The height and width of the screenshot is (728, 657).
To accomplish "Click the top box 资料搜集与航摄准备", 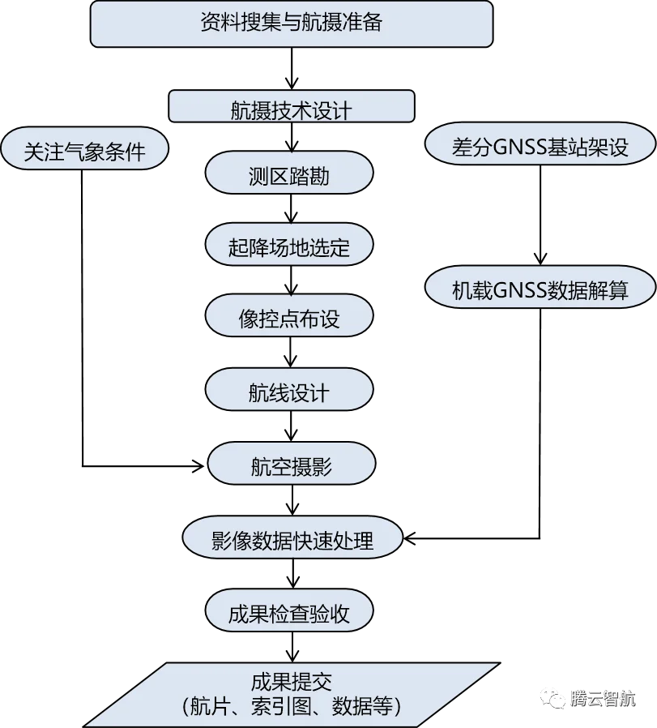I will pos(291,24).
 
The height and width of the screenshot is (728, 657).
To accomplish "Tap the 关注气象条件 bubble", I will pos(84,151).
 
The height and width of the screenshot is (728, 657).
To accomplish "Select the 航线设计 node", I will pos(289,392).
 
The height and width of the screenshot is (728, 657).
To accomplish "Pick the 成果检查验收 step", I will pos(289,613).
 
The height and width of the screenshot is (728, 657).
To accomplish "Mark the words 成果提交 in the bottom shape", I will pos(292,680).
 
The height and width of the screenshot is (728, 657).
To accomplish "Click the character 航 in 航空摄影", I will pos(260,466).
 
